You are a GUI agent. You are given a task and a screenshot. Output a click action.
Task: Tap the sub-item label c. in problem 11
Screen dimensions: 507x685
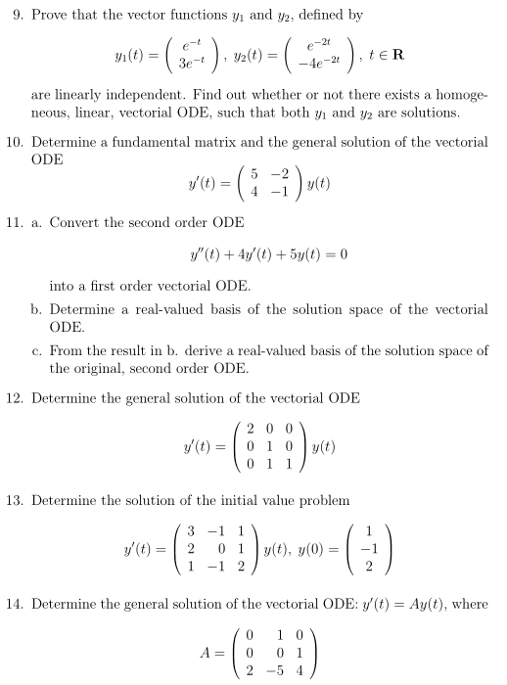coord(37,350)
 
